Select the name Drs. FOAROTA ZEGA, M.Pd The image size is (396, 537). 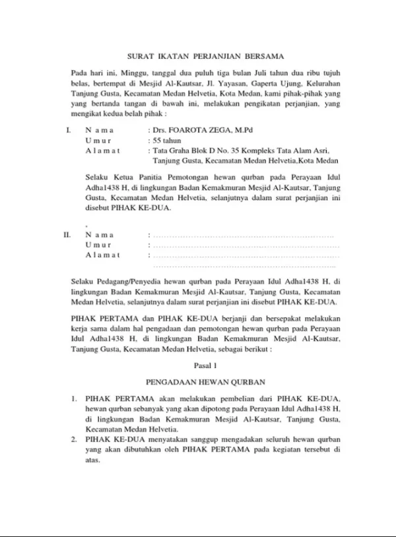196,131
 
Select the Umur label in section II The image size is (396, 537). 99,244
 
